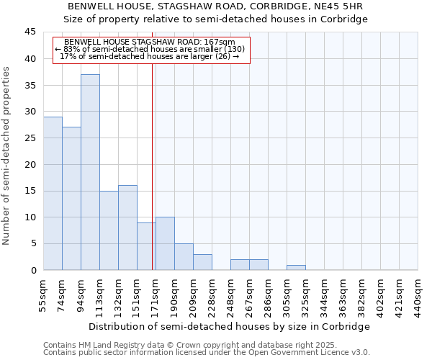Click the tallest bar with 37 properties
pos(90,172)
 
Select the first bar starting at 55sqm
pos(53,193)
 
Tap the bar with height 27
pos(71,198)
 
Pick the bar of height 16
pos(127,228)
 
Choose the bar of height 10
pos(165,243)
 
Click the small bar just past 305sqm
pos(296,268)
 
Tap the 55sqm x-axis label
pos(43,295)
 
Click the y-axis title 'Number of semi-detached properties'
pos(6,156)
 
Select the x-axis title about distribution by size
pos(230,326)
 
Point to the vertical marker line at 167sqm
pos(153,180)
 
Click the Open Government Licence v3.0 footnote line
pos(206,353)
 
